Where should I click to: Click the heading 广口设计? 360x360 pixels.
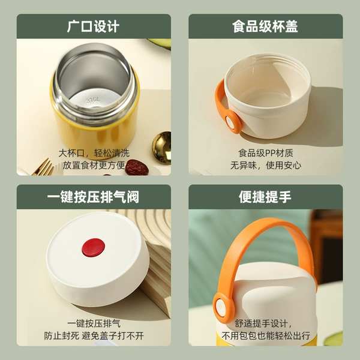(x=93, y=26)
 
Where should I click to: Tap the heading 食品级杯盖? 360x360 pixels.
(x=265, y=26)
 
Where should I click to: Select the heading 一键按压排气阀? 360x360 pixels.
(x=93, y=197)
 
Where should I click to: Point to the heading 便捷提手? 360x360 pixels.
(x=265, y=197)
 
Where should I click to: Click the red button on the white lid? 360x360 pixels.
(x=94, y=247)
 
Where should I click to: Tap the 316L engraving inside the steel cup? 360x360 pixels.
(x=93, y=100)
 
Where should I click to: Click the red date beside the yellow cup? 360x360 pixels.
(x=137, y=167)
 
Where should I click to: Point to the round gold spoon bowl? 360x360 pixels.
(x=161, y=148)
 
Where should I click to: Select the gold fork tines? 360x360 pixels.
(x=43, y=167)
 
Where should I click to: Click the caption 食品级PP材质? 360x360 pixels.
(x=266, y=153)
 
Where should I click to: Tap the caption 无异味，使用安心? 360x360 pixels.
(x=266, y=166)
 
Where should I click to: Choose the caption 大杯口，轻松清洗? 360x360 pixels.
(x=94, y=153)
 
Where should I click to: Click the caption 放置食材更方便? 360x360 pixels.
(x=94, y=166)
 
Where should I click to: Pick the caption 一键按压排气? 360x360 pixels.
(x=94, y=324)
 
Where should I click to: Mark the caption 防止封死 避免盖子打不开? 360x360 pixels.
(x=94, y=336)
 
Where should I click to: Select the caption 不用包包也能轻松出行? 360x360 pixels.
(x=266, y=336)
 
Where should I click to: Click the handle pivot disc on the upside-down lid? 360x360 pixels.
(x=233, y=122)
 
